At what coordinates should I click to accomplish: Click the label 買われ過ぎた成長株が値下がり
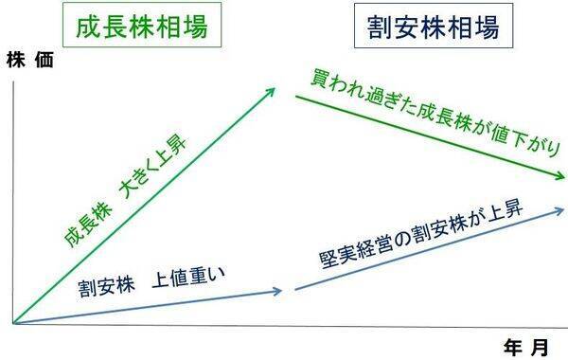(435, 117)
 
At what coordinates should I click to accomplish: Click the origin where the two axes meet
(14, 324)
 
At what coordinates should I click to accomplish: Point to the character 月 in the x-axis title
(541, 347)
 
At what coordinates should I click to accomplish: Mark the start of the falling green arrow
(296, 98)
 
